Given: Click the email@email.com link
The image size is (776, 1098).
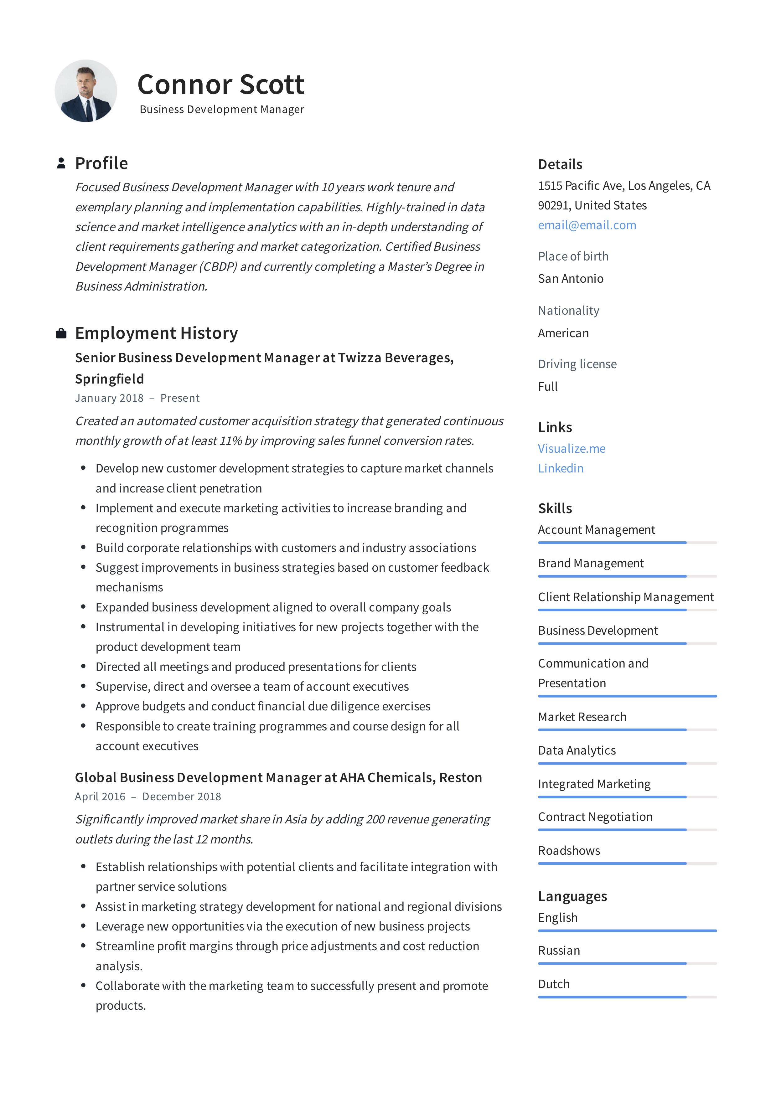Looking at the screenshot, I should (587, 225).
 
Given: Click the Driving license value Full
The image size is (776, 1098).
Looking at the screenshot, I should (547, 386).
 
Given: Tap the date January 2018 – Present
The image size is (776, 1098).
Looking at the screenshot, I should (137, 398).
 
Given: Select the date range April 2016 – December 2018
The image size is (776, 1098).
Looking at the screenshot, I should (148, 796).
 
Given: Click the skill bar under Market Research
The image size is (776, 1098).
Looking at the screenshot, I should (627, 730).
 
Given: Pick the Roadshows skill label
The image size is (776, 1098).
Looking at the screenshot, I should (569, 850).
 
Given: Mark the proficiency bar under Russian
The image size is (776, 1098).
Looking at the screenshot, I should (627, 963).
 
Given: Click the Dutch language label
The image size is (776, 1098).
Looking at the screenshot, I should (554, 984).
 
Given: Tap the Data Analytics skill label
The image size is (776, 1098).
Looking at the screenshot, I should (577, 750).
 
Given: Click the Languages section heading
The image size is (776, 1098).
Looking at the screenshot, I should (572, 896).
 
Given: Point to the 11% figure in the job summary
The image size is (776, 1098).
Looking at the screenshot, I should (230, 441).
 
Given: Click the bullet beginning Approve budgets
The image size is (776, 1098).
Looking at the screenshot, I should (263, 706).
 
